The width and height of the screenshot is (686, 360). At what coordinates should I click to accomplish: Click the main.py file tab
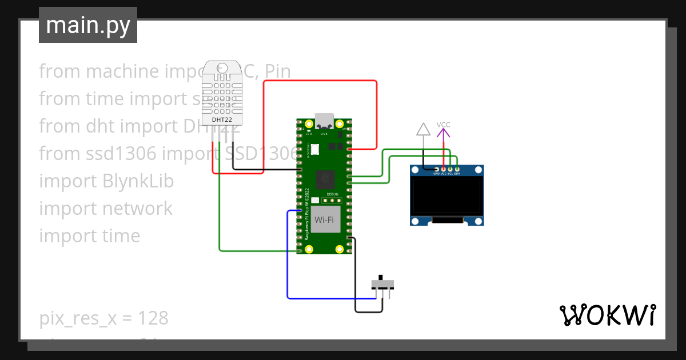[x=88, y=26]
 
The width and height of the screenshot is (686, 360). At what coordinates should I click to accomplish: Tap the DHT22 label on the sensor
[x=221, y=119]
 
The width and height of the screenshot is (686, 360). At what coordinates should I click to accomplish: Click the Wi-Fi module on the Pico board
[x=324, y=220]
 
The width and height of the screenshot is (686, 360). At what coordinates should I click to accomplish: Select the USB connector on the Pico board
[x=324, y=121]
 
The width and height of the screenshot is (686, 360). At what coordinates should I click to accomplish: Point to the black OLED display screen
[x=447, y=195]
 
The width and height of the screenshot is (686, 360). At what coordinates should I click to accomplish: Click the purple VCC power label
[x=443, y=125]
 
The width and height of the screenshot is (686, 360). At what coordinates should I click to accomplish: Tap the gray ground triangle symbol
[x=423, y=129]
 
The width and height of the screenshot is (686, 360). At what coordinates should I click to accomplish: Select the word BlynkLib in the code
[x=138, y=181]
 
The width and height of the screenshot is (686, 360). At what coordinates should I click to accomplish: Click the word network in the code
[x=137, y=209]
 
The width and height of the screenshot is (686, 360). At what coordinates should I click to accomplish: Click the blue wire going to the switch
[x=287, y=257]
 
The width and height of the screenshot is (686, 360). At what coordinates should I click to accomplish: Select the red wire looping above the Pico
[x=320, y=81]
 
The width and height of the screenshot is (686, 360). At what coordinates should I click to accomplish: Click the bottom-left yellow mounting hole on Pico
[x=309, y=249]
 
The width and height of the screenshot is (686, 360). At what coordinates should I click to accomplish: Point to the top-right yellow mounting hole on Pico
[x=340, y=124]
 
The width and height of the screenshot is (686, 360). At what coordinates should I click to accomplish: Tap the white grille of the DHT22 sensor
[x=221, y=94]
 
